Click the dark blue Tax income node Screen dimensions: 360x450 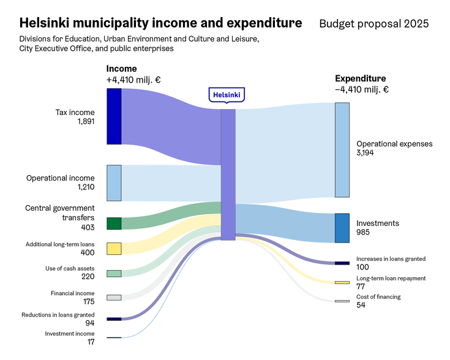[114, 116]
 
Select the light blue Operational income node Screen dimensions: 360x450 [114, 182]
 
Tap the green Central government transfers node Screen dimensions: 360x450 [114, 223]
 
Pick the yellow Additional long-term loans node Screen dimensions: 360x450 [114, 249]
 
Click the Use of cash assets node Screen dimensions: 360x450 [114, 274]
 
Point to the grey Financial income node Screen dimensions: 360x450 [114, 298]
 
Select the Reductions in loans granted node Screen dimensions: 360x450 [114, 319]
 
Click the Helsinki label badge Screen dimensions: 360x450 [227, 95]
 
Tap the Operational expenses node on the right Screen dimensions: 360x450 [342, 150]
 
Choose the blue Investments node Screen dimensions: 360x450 [342, 228]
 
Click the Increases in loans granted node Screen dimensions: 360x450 [342, 263]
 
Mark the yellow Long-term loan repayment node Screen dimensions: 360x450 [342, 282]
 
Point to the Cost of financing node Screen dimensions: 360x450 [342, 301]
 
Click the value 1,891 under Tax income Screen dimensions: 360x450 [86, 122]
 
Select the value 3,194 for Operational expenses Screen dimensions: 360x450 [366, 153]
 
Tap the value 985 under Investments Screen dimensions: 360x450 [364, 233]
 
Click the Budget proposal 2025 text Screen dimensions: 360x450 [373, 24]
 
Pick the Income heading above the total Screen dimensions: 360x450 [122, 69]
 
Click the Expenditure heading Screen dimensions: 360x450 [361, 78]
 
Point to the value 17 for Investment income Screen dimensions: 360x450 [91, 342]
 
